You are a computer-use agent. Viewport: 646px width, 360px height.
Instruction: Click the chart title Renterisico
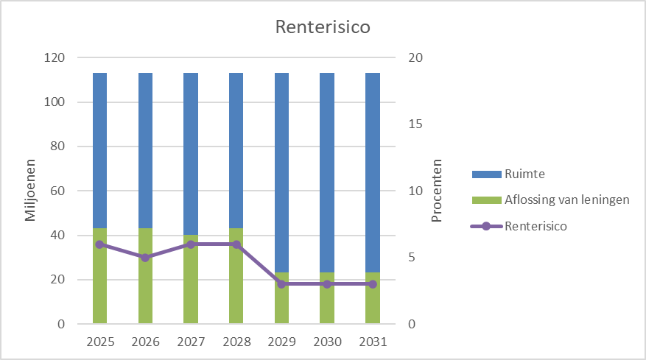322,28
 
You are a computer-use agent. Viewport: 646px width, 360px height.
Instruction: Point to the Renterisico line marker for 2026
145,258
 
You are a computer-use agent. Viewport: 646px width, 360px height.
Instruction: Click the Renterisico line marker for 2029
281,284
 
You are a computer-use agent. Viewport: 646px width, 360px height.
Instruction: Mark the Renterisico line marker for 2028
236,244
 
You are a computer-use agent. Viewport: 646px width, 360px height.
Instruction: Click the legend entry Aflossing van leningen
566,200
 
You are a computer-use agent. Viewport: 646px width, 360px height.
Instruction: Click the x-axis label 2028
236,342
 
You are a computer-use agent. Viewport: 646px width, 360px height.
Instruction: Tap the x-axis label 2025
100,342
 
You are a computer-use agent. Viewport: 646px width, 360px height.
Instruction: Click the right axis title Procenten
437,191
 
